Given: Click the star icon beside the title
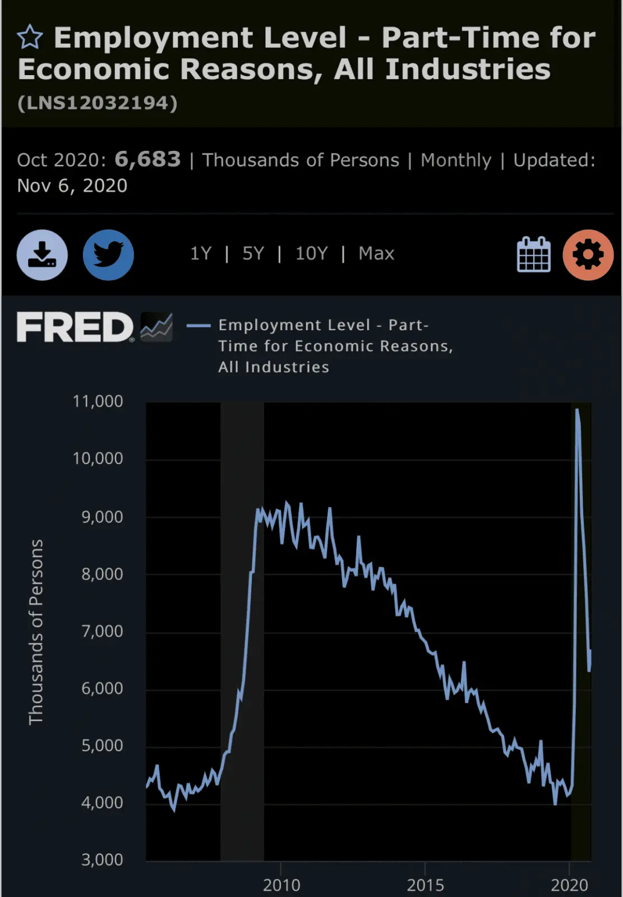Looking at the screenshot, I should click(x=30, y=38).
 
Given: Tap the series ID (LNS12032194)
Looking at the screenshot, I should click(x=98, y=103).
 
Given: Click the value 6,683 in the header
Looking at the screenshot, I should click(x=147, y=160).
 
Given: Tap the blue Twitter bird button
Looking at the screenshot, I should click(x=108, y=255).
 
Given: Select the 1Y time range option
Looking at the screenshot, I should click(x=201, y=253).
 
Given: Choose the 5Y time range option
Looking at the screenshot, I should click(x=253, y=253).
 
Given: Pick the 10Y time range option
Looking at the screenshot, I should click(x=311, y=253).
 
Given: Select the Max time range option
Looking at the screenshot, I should click(x=376, y=253).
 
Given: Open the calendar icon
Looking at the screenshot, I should click(x=533, y=255).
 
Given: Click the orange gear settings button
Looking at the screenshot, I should click(x=588, y=255).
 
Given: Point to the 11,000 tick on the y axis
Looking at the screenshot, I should click(x=98, y=401).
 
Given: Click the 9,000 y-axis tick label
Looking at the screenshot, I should click(x=102, y=517).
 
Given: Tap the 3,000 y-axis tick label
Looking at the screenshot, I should click(x=102, y=859).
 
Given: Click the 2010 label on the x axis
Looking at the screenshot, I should click(x=281, y=885).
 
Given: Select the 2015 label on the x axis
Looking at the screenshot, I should click(x=425, y=885).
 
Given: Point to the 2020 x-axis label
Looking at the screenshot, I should click(x=569, y=885).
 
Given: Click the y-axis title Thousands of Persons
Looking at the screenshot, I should click(x=36, y=632).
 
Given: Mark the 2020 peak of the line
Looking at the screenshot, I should click(x=577, y=410).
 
